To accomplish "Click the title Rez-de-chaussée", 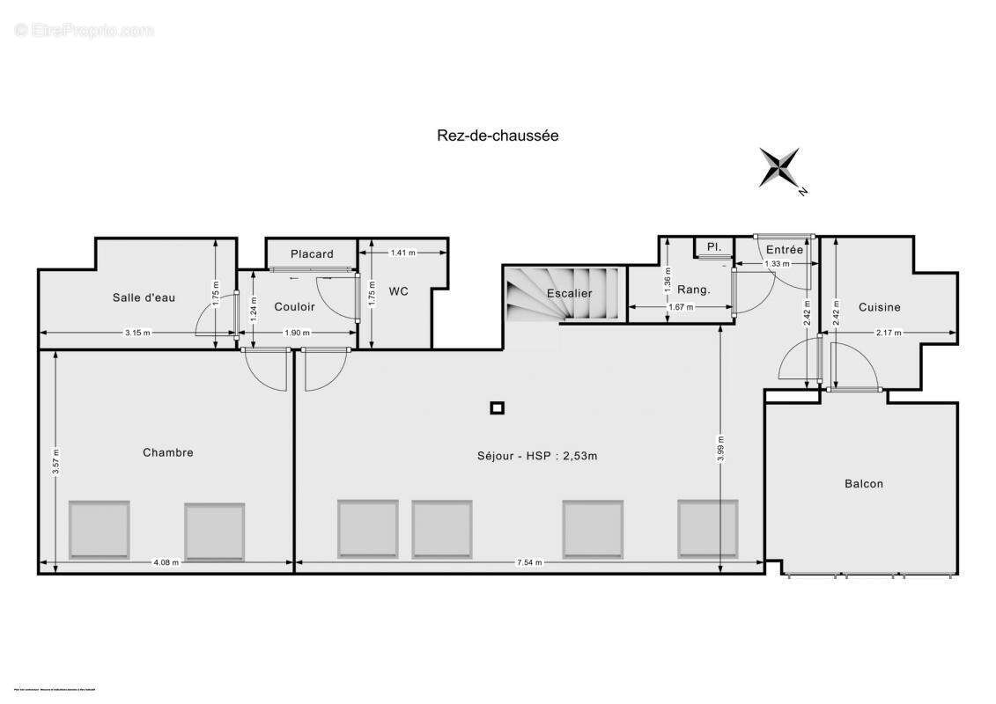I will (x=498, y=136).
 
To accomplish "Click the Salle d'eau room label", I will (x=144, y=297).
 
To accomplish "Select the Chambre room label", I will (x=167, y=452).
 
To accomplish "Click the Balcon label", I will (x=863, y=483).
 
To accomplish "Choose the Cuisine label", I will (x=880, y=307).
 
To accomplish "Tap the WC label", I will (x=399, y=292).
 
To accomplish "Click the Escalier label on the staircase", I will (x=569, y=293).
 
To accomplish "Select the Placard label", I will (x=312, y=254).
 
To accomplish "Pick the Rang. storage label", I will (x=693, y=290).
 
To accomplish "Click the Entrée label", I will (x=784, y=250).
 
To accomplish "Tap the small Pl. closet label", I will (x=713, y=247).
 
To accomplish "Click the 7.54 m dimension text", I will (x=529, y=562).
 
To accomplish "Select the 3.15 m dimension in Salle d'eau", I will (x=137, y=333).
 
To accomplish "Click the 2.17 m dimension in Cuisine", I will (x=889, y=333).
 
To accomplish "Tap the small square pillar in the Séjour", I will (x=498, y=407).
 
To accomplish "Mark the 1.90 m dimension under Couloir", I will (x=298, y=333).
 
